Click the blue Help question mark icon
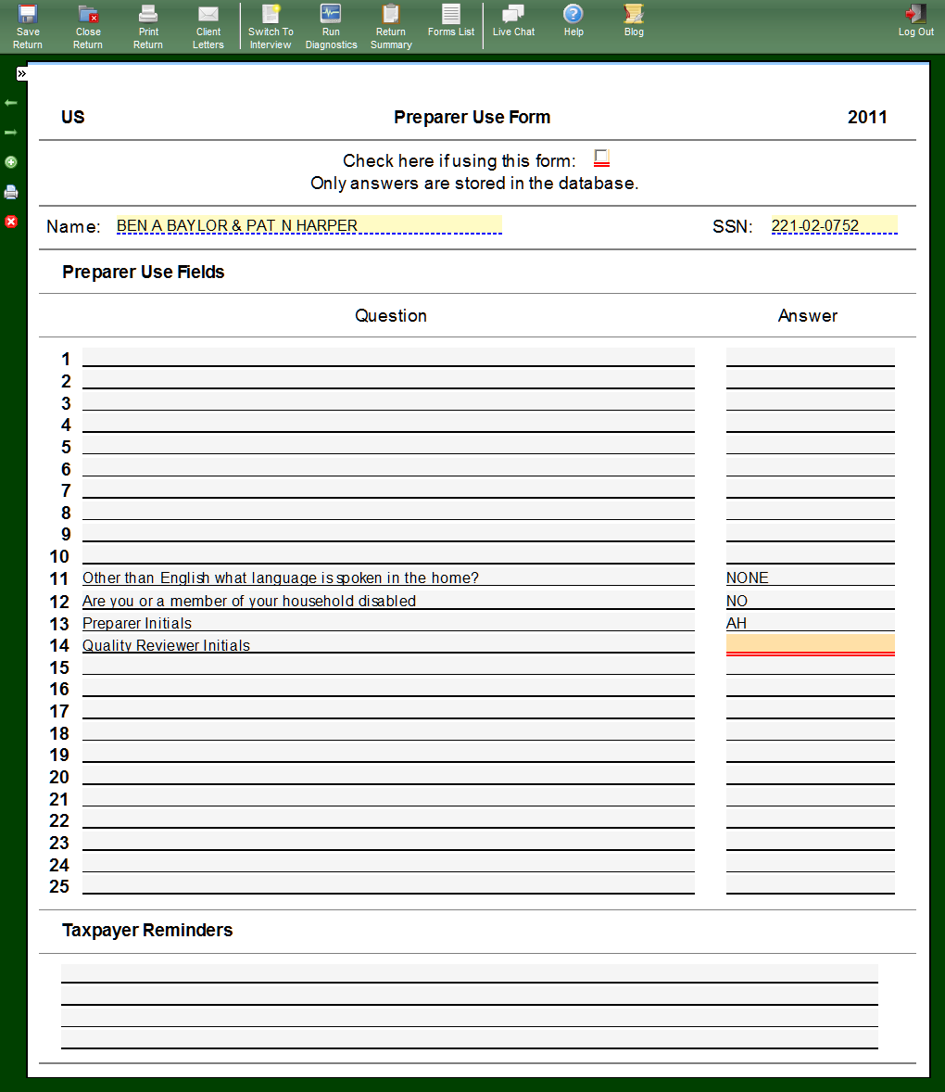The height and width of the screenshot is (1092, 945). pos(573,15)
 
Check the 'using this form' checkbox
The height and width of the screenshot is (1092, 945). pos(601,158)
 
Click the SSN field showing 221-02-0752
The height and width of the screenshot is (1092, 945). pos(834,225)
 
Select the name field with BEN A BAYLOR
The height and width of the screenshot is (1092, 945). pos(309,225)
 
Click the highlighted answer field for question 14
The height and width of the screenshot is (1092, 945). pos(810,644)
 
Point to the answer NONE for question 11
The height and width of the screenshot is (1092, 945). pos(748,578)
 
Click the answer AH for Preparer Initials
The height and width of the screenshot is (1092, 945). pos(737,623)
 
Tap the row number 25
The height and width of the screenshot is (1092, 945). pos(59,886)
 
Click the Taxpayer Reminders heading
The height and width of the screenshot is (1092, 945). pos(147,930)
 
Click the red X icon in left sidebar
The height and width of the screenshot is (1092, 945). pos(11,222)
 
